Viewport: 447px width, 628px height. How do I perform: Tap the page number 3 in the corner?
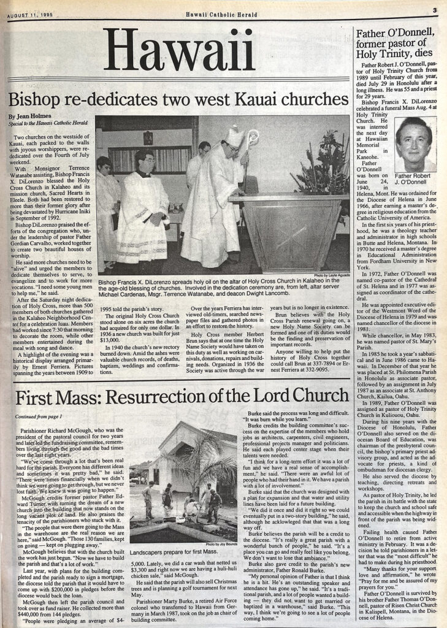coord(434,10)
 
